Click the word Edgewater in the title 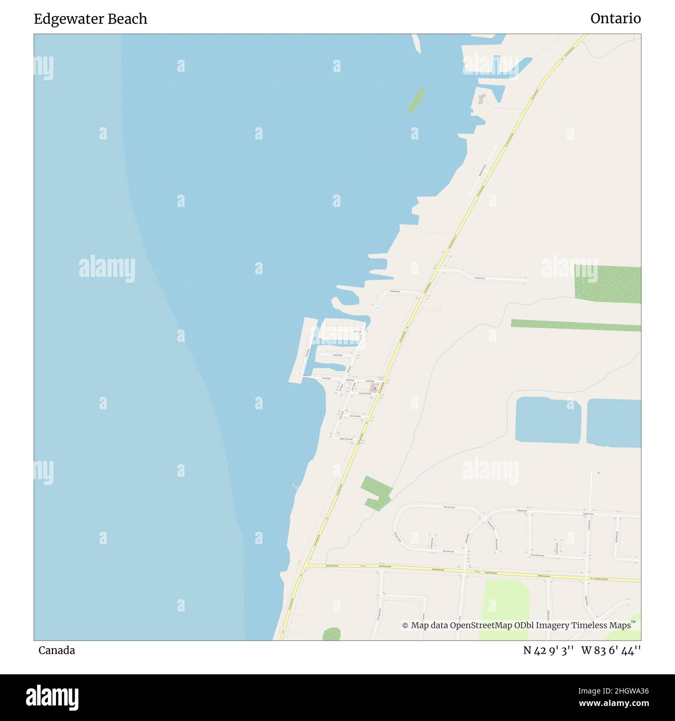pos(64,19)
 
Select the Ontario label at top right pos(615,19)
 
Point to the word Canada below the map pos(57,650)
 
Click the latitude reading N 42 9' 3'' pos(548,650)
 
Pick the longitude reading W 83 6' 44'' pos(611,650)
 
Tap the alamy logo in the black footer pos(52,697)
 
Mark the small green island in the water pos(416,100)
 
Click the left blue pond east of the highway pos(548,420)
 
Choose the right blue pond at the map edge pos(614,423)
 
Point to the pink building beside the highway pos(374,387)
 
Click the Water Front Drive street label pos(346,439)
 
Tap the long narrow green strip pos(575,325)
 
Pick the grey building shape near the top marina pos(481,98)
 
